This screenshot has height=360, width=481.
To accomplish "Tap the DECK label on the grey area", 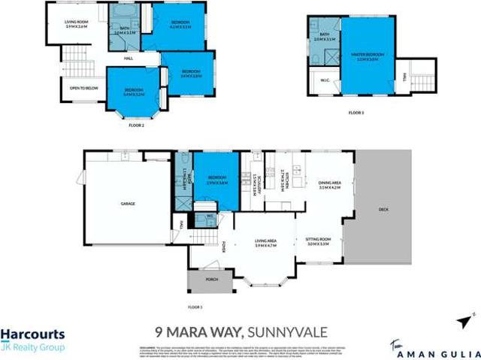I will point(383,210).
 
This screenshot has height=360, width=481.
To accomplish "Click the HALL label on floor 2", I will point(129,58).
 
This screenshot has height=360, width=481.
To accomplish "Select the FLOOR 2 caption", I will point(136,125).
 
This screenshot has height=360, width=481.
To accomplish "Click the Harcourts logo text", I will point(32,335).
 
